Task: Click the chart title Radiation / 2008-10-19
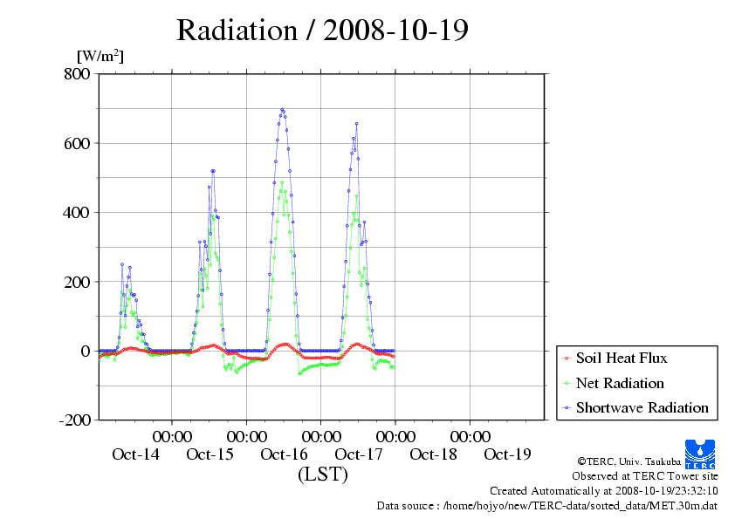(322, 31)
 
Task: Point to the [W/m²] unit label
(100, 56)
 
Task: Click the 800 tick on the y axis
(77, 73)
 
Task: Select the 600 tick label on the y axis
(77, 143)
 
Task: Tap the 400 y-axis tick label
(77, 213)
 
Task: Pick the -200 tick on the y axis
(75, 420)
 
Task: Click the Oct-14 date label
(135, 454)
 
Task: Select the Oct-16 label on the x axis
(284, 454)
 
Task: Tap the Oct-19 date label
(508, 454)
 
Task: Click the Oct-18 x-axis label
(433, 454)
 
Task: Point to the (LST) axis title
(323, 474)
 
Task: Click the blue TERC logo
(700, 454)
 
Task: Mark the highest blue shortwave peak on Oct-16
(282, 110)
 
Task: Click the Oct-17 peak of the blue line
(357, 124)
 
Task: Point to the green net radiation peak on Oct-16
(282, 182)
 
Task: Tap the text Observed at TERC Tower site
(645, 476)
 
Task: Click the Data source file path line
(547, 506)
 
